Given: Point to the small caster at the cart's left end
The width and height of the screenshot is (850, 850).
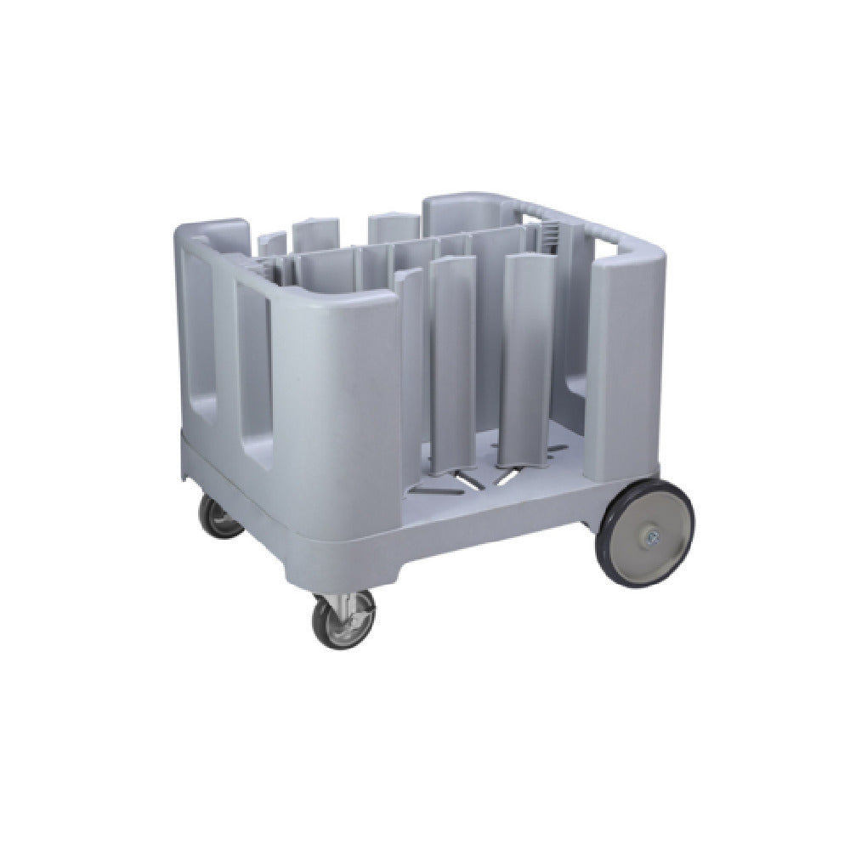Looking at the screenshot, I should click(x=220, y=517).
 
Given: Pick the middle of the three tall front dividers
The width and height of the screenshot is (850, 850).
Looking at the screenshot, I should click(x=450, y=365).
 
